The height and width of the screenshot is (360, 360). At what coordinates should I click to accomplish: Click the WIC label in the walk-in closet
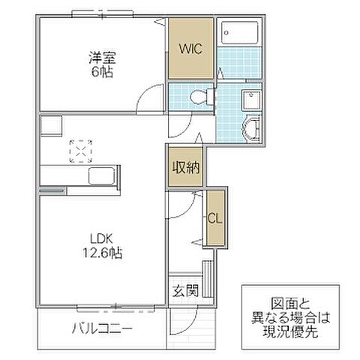point(190,49)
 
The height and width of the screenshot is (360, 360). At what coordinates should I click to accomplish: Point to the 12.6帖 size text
point(104,253)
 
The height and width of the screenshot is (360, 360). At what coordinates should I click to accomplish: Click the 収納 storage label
point(186,167)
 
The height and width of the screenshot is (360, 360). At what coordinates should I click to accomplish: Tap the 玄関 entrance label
point(184,291)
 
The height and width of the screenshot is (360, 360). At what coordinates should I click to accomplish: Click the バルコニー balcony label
point(102,328)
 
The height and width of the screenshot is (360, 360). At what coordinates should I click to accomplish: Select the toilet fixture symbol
point(197,97)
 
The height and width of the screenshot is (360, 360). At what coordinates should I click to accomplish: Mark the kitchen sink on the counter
point(101,178)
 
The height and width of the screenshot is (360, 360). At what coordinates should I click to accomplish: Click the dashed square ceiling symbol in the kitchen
point(79,151)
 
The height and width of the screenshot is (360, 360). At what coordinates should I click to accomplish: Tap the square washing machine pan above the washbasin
point(251,100)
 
